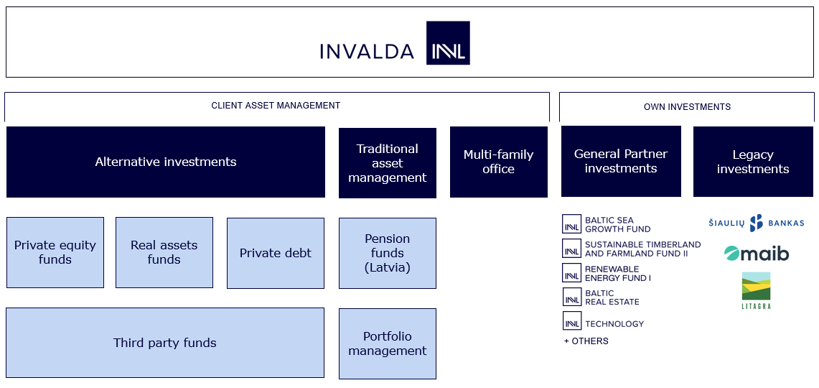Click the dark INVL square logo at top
pyautogui.click(x=448, y=43)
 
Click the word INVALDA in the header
pyautogui.click(x=367, y=52)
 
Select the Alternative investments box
pyautogui.click(x=166, y=162)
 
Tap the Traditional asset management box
pyautogui.click(x=388, y=163)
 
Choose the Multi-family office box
pyautogui.click(x=498, y=162)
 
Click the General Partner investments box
pyautogui.click(x=621, y=161)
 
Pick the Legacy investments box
pyautogui.click(x=753, y=162)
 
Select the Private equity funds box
pyautogui.click(x=55, y=252)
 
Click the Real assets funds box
pyautogui.click(x=164, y=252)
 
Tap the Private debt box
pyautogui.click(x=276, y=253)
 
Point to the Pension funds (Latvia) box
pyautogui.click(x=388, y=253)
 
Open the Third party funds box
pyautogui.click(x=165, y=343)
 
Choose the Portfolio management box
pyautogui.click(x=388, y=343)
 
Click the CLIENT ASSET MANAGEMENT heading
pyautogui.click(x=276, y=106)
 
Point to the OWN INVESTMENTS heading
pyautogui.click(x=687, y=107)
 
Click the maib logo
pyautogui.click(x=756, y=254)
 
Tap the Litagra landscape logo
pyautogui.click(x=756, y=290)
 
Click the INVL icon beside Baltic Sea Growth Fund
pyautogui.click(x=572, y=224)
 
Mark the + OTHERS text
pyautogui.click(x=586, y=341)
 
